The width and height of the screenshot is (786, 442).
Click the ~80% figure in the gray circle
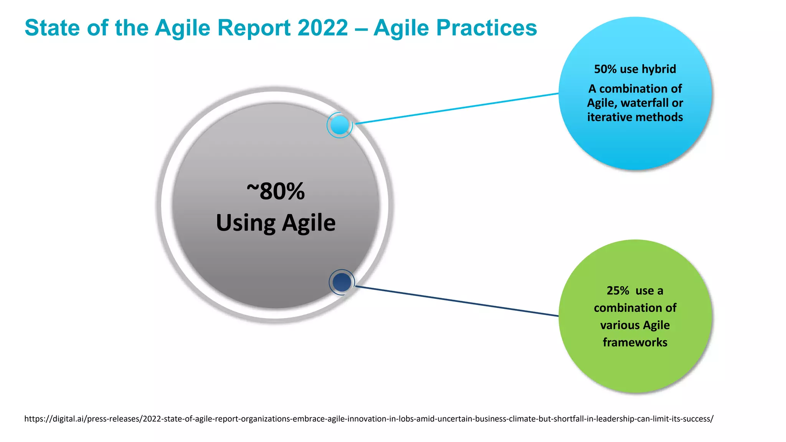point(276,191)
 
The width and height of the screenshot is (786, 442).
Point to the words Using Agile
point(276,223)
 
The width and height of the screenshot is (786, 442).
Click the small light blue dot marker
point(340,125)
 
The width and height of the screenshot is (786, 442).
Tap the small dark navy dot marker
point(342,282)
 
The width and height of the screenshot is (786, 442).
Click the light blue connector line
point(457,109)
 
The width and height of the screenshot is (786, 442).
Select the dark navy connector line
point(457,301)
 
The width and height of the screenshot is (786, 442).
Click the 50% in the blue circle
point(605,69)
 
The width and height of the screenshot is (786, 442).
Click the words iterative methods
point(635,117)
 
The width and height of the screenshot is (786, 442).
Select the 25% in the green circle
point(618,291)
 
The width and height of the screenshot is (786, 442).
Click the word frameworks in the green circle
point(635,342)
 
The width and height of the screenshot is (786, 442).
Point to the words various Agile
point(635,325)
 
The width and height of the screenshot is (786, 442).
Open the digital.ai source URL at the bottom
point(368,419)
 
